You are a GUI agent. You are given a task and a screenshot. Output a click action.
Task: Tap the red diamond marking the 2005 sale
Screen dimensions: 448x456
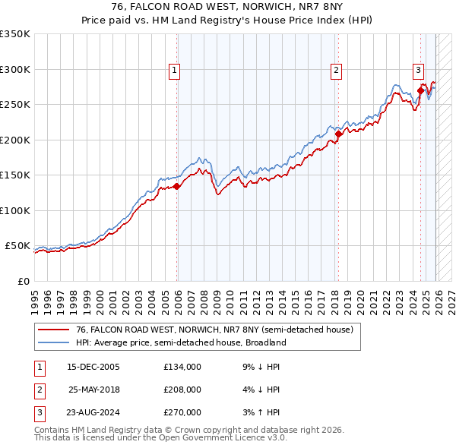[176, 186]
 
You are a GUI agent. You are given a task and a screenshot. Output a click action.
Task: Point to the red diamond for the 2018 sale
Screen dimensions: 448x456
[338, 134]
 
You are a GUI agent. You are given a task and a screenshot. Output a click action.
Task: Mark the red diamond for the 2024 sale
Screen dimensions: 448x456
[420, 90]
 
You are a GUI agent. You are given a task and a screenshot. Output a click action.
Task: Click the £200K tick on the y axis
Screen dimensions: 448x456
[15, 140]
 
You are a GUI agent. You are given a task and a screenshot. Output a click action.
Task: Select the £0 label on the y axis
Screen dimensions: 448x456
[23, 281]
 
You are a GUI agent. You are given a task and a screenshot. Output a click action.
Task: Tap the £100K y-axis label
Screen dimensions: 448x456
[15, 210]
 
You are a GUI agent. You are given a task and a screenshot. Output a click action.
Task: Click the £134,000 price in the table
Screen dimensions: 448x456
[182, 366]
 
